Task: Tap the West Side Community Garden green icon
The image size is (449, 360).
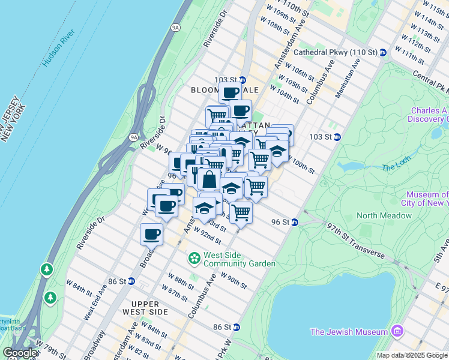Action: pyautogui.click(x=194, y=259)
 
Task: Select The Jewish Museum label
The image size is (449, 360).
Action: pyautogui.click(x=349, y=332)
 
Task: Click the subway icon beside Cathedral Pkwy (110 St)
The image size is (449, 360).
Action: pyautogui.click(x=382, y=53)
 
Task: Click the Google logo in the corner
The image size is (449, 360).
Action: pyautogui.click(x=20, y=353)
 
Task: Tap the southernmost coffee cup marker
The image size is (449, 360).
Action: pyautogui.click(x=151, y=234)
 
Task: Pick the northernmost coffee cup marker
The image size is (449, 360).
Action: pyautogui.click(x=230, y=92)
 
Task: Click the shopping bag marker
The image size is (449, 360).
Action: pyautogui.click(x=209, y=179)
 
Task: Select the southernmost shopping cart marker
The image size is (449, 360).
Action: pyautogui.click(x=241, y=212)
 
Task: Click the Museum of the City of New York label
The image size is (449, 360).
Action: pyautogui.click(x=427, y=199)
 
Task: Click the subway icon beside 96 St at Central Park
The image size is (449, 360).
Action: pyautogui.click(x=295, y=222)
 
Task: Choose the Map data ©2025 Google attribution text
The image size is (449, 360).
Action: pyautogui.click(x=412, y=355)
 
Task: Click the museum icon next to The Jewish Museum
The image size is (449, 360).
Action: pyautogui.click(x=396, y=331)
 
